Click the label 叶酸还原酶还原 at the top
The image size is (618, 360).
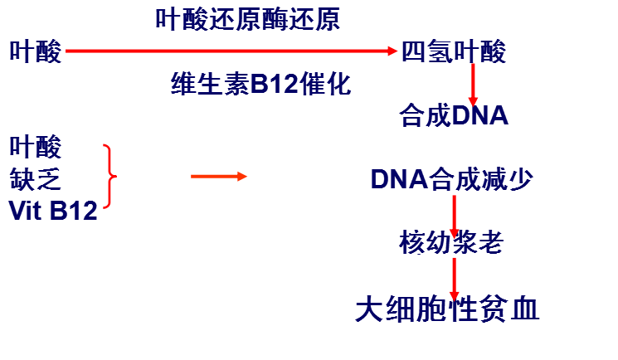[x=247, y=20]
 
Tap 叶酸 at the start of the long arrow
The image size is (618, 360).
[x=35, y=52]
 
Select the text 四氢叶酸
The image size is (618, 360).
[x=453, y=52]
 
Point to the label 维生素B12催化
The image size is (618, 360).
[x=261, y=84]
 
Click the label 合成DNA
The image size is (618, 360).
[x=453, y=114]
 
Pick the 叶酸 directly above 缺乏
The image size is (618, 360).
[x=35, y=148]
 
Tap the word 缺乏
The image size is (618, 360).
[x=35, y=178]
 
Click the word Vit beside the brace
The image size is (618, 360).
[x=27, y=210]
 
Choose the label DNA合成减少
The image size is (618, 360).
[x=451, y=179]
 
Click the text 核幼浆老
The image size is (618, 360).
[x=450, y=243]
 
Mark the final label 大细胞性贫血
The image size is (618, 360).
[x=447, y=309]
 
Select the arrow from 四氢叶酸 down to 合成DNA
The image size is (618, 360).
[x=474, y=83]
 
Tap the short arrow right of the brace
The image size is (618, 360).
[x=218, y=176]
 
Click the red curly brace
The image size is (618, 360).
[x=110, y=177]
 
